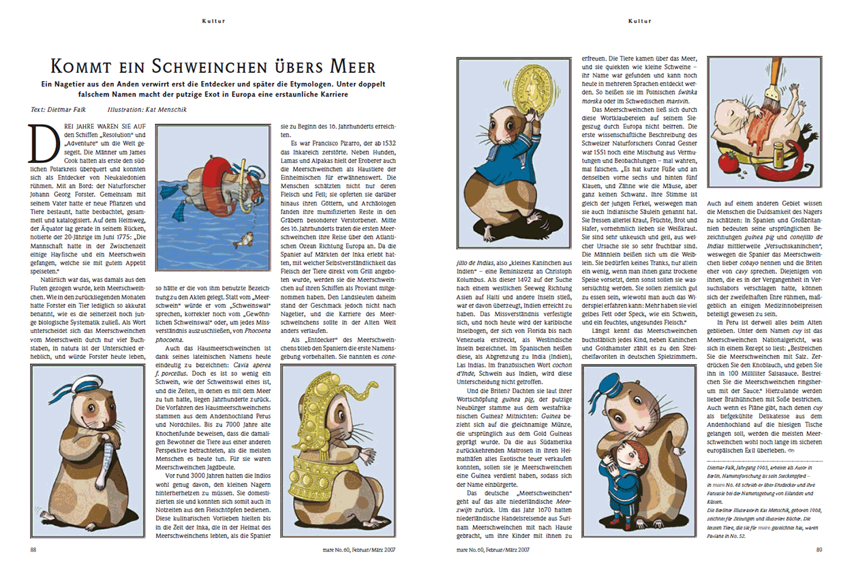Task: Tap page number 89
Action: coord(819,550)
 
